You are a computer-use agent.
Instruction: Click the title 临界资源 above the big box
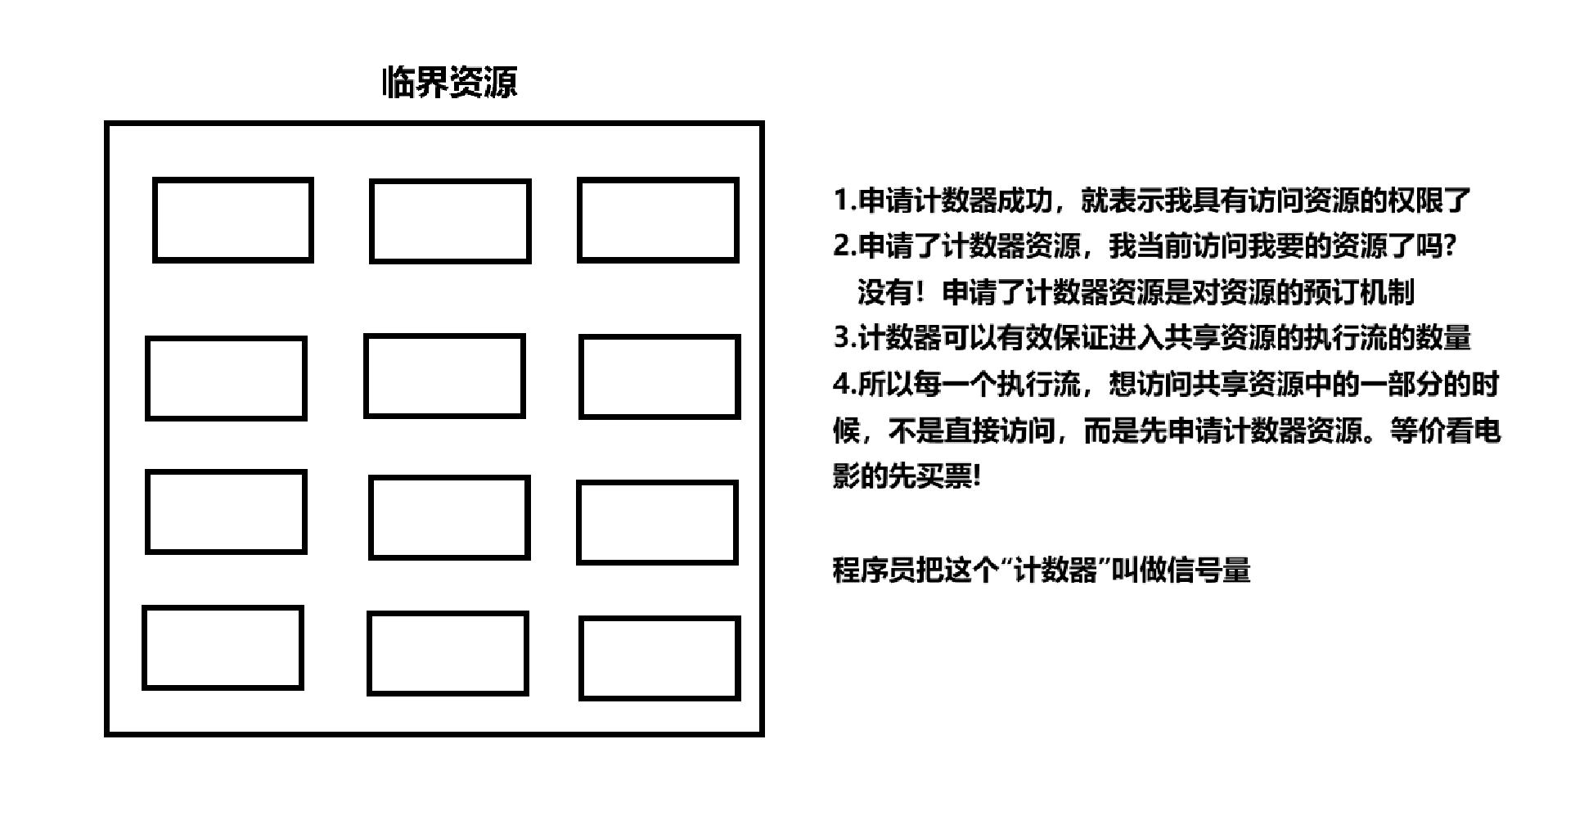click(449, 83)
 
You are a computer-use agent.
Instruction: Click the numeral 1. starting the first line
click(844, 200)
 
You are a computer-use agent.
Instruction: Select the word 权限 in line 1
click(1415, 200)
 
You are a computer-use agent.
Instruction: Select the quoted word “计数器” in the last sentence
click(1054, 570)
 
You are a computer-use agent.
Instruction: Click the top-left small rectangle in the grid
click(233, 220)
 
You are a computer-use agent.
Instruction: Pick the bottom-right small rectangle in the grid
click(659, 658)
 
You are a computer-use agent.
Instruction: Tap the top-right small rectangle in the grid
click(658, 220)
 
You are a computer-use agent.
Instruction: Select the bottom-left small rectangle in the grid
click(223, 647)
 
